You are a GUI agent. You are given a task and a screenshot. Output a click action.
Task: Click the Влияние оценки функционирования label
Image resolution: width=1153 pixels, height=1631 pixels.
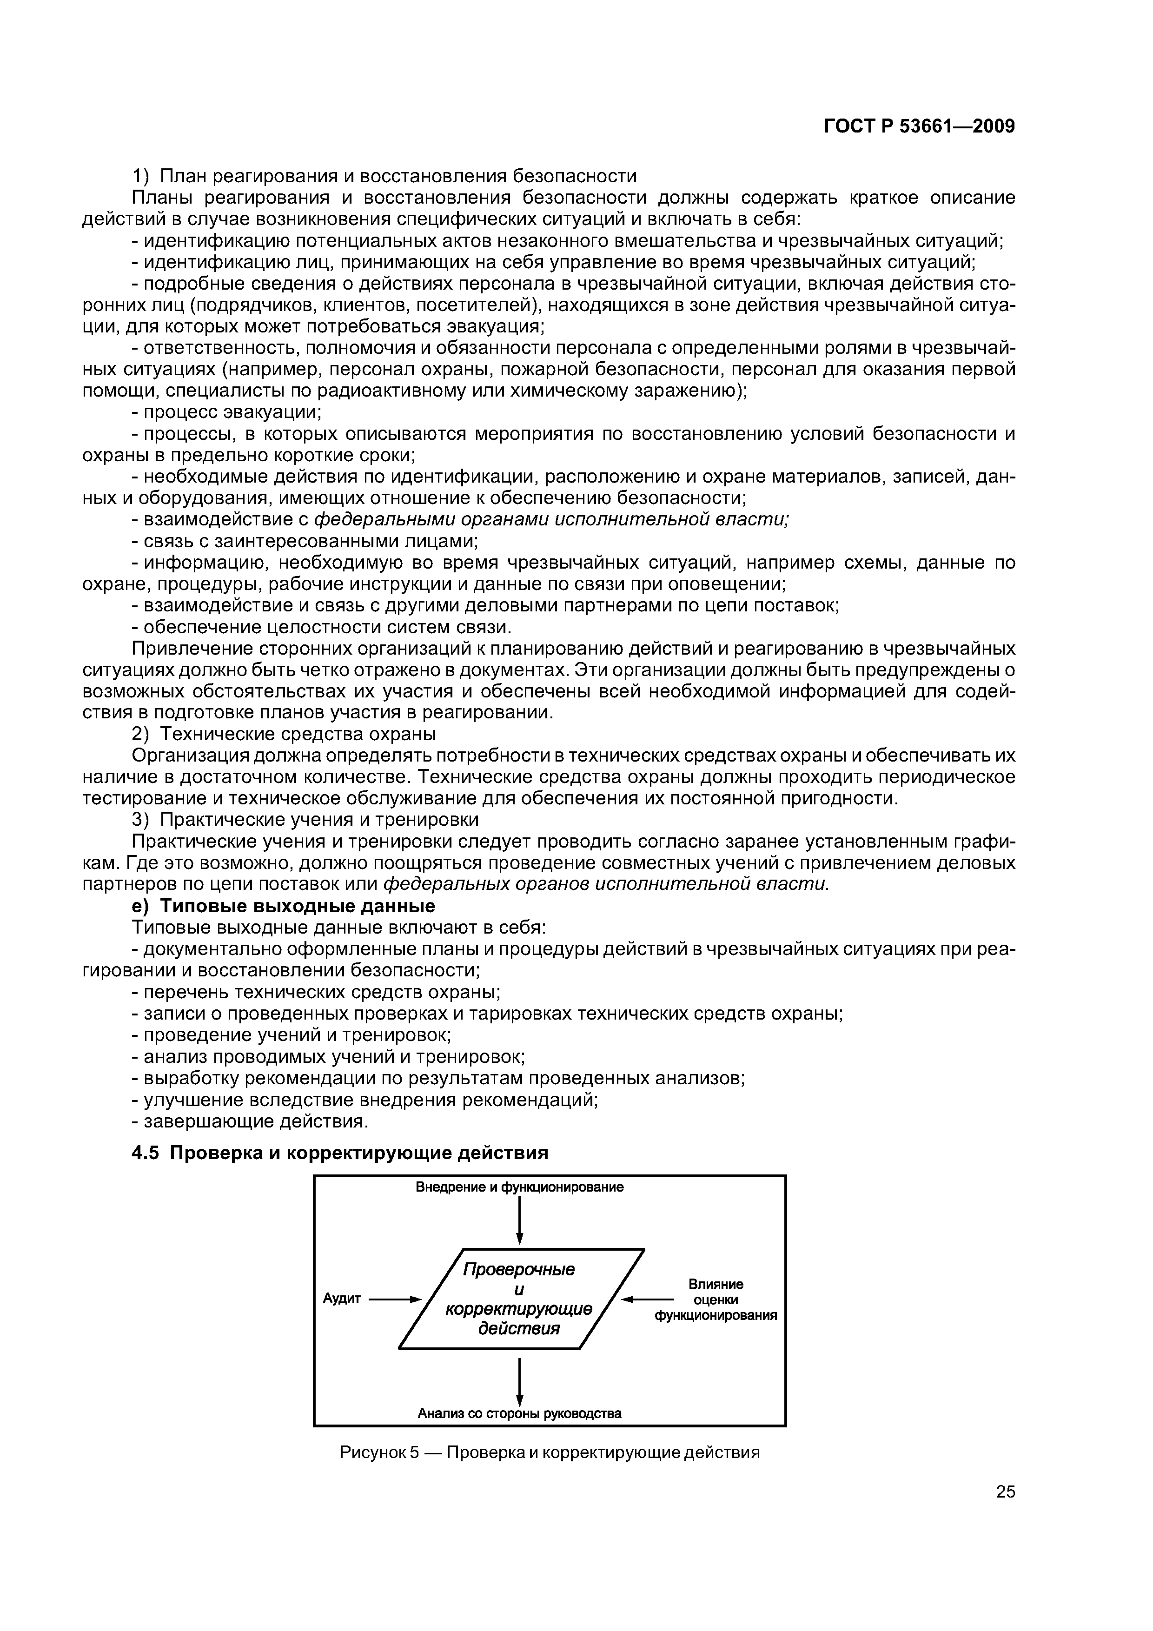click(716, 1299)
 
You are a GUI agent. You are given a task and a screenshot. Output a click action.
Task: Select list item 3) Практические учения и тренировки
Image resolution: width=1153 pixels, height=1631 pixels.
click(305, 820)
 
